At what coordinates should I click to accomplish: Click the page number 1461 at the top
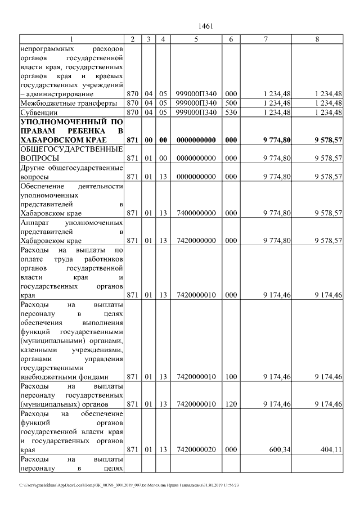click(205, 26)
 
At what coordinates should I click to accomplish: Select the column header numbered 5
click(196, 39)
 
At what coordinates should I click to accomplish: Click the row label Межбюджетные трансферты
click(69, 103)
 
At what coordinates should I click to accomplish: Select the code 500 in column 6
click(231, 103)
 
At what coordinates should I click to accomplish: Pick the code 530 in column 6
click(231, 112)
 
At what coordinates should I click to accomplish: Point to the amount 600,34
click(280, 450)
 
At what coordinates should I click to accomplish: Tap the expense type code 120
click(231, 404)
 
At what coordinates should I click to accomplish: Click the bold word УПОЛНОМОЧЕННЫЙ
click(63, 121)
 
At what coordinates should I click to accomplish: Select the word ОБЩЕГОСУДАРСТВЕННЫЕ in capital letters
click(71, 149)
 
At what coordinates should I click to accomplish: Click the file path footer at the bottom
click(129, 485)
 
